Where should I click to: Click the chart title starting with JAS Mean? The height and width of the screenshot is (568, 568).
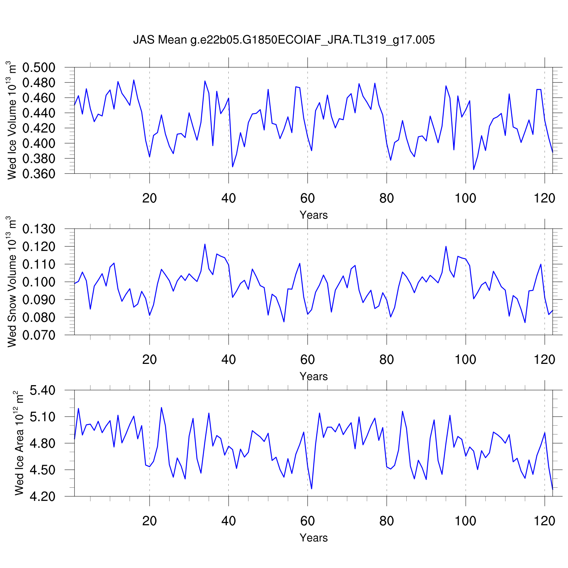[x=284, y=40]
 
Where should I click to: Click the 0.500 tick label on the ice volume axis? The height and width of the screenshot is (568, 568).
[x=39, y=68]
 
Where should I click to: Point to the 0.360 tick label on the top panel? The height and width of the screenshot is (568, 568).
[x=39, y=174]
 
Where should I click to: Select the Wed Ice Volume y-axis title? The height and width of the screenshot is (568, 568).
[x=12, y=120]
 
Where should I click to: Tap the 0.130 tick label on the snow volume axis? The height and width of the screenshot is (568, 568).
[x=39, y=229]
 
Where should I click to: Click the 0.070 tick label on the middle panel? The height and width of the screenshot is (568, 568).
[x=39, y=335]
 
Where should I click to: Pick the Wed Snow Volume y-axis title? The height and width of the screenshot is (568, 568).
[x=12, y=282]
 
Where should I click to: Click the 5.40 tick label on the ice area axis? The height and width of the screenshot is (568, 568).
[x=42, y=390]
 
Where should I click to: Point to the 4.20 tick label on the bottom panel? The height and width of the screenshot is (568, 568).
[x=42, y=496]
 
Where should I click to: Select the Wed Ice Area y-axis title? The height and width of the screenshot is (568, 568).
[x=19, y=443]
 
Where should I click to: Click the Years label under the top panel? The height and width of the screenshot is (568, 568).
[x=314, y=215]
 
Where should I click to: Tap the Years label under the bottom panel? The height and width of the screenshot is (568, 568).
[x=314, y=538]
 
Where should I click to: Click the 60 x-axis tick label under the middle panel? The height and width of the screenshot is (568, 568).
[x=307, y=359]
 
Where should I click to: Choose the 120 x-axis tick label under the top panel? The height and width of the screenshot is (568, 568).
[x=545, y=198]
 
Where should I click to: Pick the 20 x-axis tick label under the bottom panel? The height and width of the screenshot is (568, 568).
[x=150, y=521]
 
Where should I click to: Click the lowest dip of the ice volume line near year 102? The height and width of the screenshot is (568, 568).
[x=474, y=169]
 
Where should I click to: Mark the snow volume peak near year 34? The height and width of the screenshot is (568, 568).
[x=205, y=244]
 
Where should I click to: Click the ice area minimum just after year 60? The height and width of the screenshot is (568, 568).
[x=312, y=489]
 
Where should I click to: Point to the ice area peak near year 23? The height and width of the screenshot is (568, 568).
[x=161, y=407]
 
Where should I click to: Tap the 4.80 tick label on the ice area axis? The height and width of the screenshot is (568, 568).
[x=42, y=443]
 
